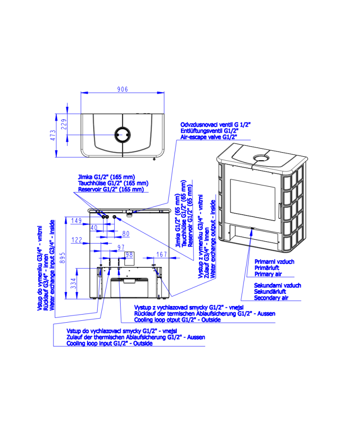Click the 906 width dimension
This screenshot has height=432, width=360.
click(x=122, y=89)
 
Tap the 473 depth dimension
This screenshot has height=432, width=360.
click(x=53, y=135)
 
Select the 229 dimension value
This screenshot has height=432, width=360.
click(x=63, y=124)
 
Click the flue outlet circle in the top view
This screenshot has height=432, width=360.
click(x=122, y=135)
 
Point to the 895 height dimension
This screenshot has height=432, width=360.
click(x=63, y=258)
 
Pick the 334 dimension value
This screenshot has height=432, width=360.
click(x=73, y=283)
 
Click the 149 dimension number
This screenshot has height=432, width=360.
click(x=76, y=220)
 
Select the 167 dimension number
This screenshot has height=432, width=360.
click(x=162, y=254)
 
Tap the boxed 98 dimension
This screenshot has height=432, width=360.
click(x=129, y=255)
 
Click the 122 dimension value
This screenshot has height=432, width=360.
click(x=77, y=240)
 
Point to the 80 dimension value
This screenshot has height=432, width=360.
click(x=126, y=234)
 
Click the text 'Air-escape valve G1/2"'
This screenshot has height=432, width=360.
click(x=209, y=137)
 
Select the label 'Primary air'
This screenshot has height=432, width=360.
click(x=268, y=274)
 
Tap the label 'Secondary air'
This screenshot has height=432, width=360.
click(x=271, y=298)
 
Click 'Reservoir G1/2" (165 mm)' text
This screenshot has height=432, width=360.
click(x=111, y=189)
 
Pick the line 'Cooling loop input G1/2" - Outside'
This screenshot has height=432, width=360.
click(x=109, y=343)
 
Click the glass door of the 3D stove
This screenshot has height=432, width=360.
click(x=252, y=199)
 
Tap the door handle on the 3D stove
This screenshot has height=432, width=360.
click(x=279, y=211)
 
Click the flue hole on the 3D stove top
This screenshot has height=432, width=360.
click(x=261, y=158)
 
